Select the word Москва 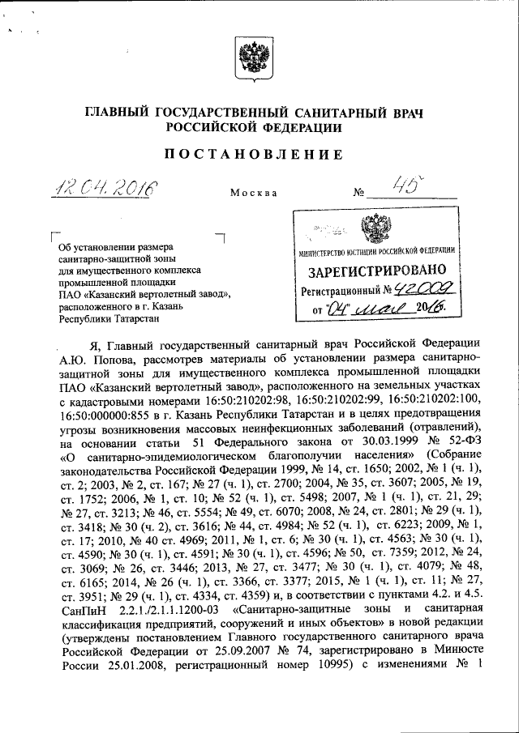(253, 194)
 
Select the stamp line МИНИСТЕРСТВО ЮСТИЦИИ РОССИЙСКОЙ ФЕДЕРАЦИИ (375, 250)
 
